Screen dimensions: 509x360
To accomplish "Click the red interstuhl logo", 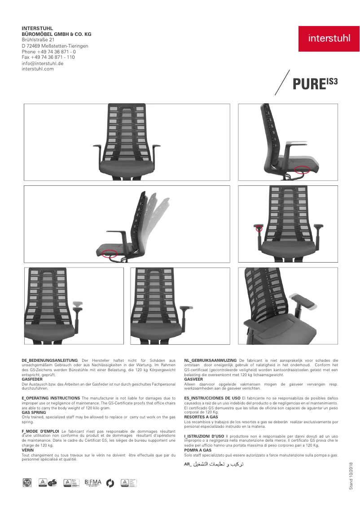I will tap(329, 39).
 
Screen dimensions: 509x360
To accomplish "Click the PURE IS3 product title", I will tap(315, 84).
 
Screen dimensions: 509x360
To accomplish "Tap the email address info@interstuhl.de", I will tap(43, 63).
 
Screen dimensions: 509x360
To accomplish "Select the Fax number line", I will tap(48, 57).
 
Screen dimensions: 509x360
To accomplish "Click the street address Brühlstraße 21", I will tap(38, 39).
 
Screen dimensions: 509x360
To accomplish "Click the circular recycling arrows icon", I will tap(110, 483).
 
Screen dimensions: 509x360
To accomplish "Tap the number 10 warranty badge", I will tap(27, 483).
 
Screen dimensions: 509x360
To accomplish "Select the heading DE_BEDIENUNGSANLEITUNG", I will tap(49, 360).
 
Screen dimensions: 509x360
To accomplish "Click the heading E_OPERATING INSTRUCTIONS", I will tap(51, 398).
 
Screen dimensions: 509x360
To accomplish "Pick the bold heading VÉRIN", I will tap(27, 450).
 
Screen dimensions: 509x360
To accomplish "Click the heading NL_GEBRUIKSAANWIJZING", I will tap(211, 360).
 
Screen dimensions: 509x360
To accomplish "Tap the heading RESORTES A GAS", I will tap(201, 417).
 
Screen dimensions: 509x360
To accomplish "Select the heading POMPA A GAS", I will tap(198, 450).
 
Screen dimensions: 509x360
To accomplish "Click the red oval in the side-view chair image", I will tap(303, 169).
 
